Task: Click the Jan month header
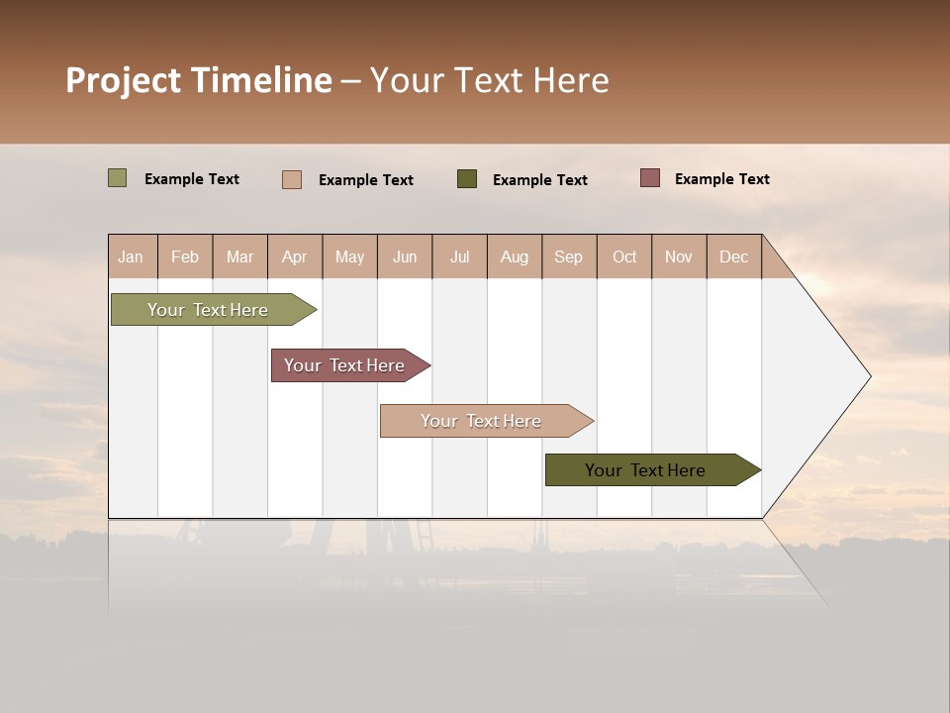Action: click(132, 256)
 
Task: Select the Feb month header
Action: click(185, 256)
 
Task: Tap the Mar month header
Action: click(239, 256)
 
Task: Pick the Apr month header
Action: click(295, 256)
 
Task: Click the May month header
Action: click(349, 256)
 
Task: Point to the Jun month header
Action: click(405, 256)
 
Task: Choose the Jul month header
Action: click(459, 256)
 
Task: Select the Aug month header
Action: click(515, 256)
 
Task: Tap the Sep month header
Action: click(569, 256)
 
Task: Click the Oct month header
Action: click(624, 256)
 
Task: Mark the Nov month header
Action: click(679, 256)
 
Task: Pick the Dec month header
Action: click(734, 256)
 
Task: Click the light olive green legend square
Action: click(118, 178)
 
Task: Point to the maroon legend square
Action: click(650, 178)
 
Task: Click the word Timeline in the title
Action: click(262, 80)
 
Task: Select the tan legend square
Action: click(292, 179)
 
